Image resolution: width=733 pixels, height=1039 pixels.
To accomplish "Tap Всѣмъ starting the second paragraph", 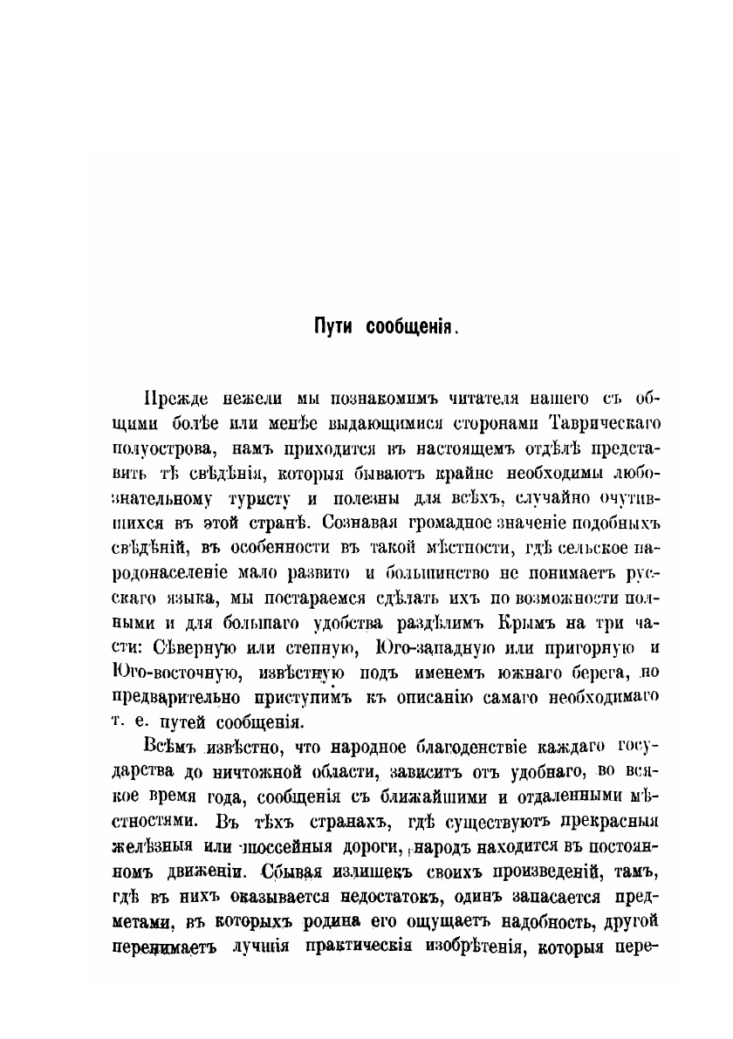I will pos(170,747).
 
